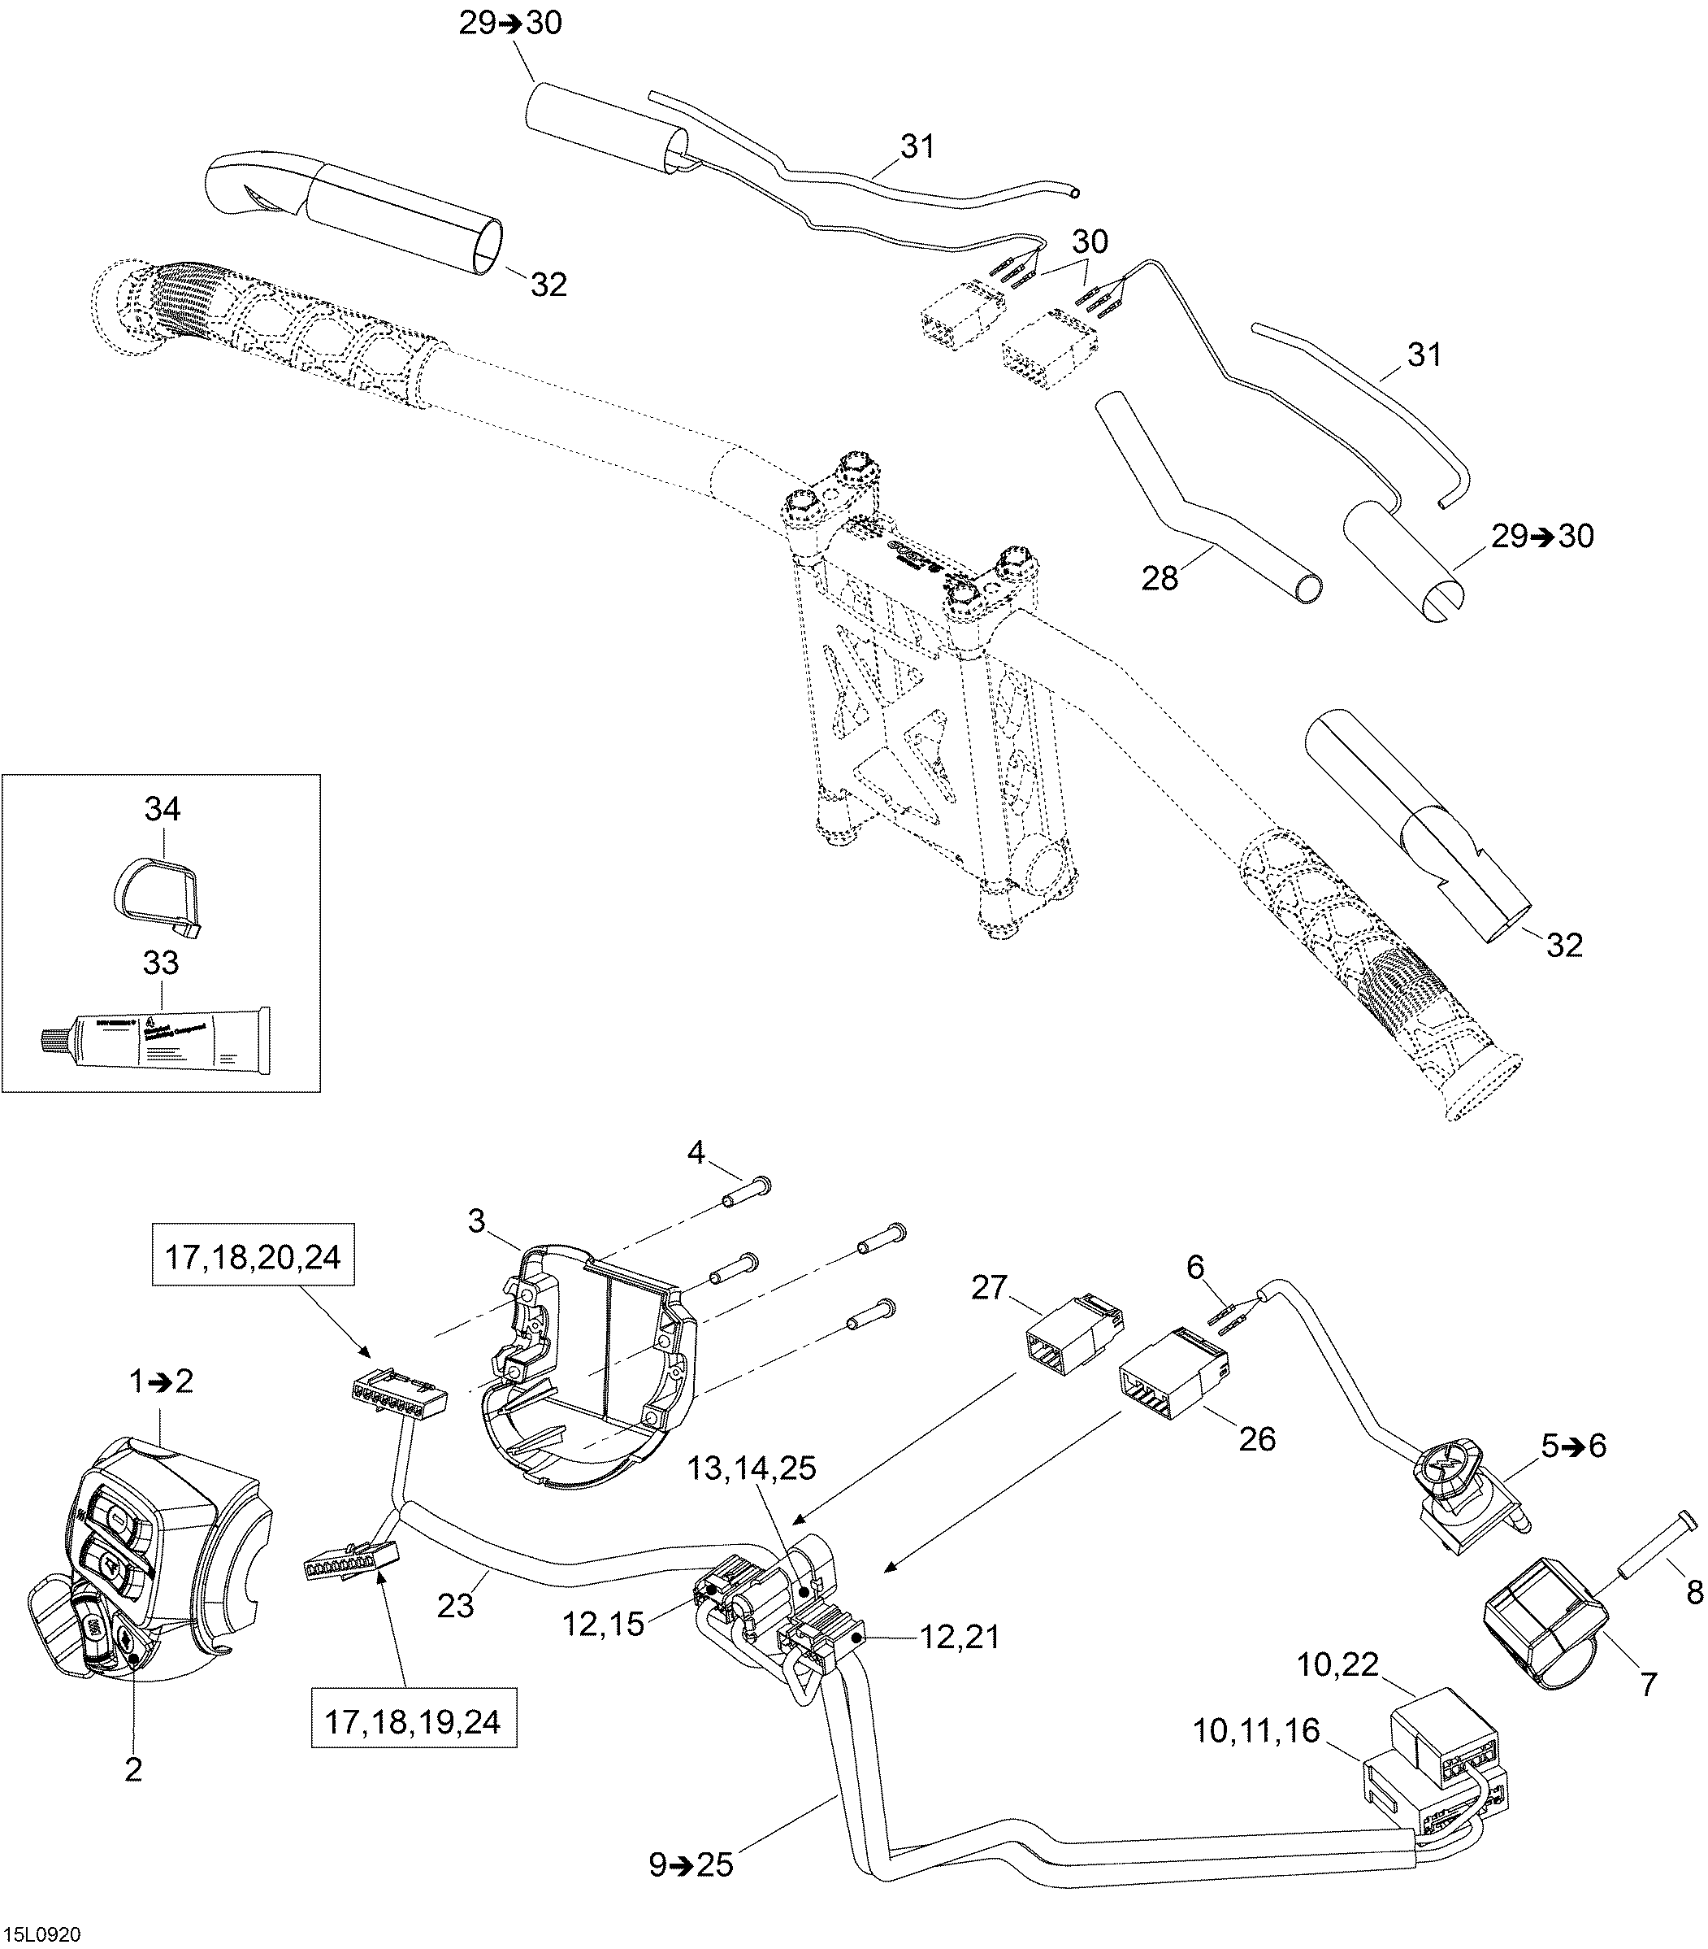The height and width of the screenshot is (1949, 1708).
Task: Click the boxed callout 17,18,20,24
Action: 253,1258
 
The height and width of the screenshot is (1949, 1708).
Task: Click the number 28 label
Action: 1160,578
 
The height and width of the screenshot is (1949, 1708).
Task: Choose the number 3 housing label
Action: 476,1220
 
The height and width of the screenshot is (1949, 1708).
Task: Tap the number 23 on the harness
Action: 456,1606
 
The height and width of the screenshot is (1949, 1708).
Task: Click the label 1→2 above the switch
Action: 161,1380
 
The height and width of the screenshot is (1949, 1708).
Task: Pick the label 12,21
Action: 960,1638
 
